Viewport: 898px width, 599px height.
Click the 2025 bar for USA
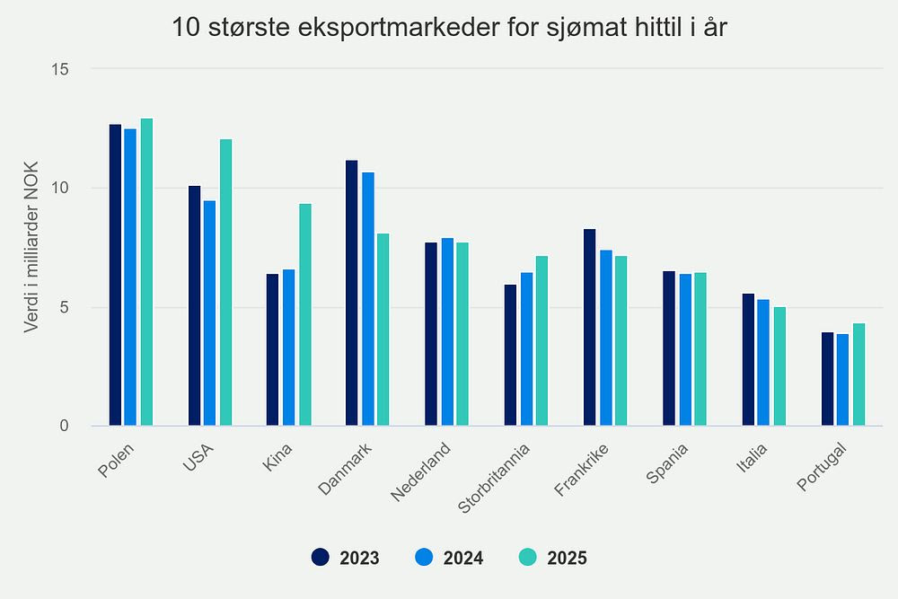click(x=225, y=283)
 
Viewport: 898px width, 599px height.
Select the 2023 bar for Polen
click(x=115, y=275)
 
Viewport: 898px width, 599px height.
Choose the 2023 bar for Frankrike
click(x=590, y=328)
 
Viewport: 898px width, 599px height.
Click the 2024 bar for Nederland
click(x=447, y=332)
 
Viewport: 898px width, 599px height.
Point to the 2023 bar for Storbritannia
click(x=510, y=356)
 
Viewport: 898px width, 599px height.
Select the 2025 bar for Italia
click(x=779, y=366)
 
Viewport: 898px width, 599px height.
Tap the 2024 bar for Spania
click(x=684, y=350)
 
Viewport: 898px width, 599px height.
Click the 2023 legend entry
click(x=346, y=558)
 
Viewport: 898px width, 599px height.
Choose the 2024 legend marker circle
click(x=426, y=557)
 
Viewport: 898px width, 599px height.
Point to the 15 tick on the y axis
click(x=64, y=69)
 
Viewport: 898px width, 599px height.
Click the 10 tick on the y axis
click(x=64, y=188)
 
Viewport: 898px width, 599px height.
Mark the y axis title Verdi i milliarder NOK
click(x=31, y=247)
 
